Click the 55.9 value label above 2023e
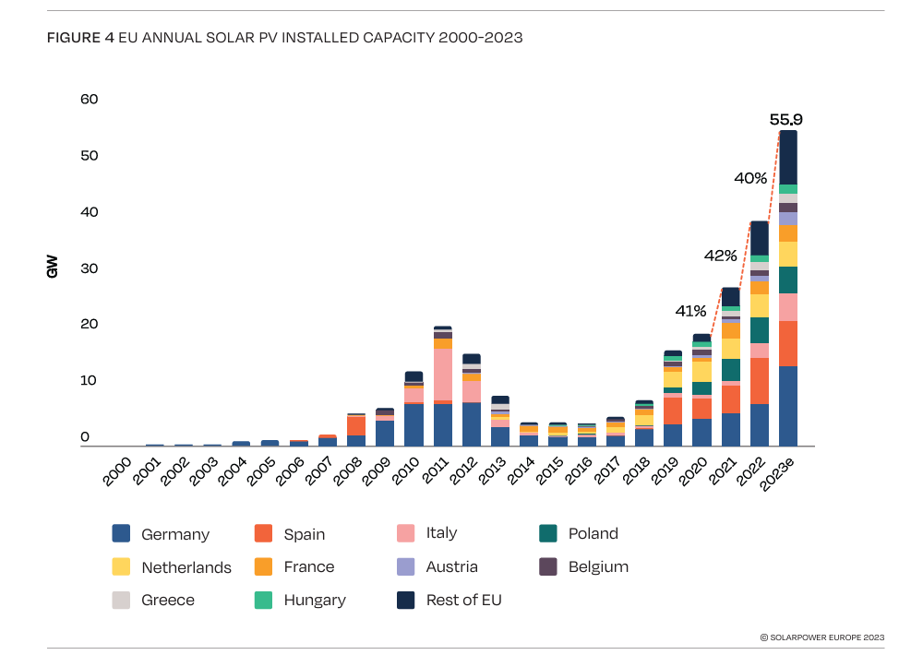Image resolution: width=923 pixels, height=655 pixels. (785, 119)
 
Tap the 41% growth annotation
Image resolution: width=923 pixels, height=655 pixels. (690, 311)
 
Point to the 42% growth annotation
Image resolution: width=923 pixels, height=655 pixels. (721, 255)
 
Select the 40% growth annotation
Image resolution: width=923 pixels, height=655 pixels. (750, 177)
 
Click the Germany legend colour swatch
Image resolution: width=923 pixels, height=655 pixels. (121, 533)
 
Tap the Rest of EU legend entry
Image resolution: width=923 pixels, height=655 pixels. (463, 600)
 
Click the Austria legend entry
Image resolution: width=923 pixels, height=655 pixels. (451, 566)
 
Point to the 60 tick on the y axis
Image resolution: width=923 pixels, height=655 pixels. (89, 99)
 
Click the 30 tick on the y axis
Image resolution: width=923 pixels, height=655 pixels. (89, 268)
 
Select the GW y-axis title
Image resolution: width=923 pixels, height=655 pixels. (52, 268)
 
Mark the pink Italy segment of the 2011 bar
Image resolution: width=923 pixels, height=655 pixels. (442, 375)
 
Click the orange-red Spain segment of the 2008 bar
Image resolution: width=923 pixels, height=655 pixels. (356, 425)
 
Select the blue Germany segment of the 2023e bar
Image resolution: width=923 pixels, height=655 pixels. (788, 406)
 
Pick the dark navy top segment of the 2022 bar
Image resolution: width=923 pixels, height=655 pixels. (759, 238)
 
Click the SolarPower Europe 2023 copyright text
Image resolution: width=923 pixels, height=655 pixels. (821, 637)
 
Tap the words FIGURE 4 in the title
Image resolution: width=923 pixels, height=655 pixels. (80, 38)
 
